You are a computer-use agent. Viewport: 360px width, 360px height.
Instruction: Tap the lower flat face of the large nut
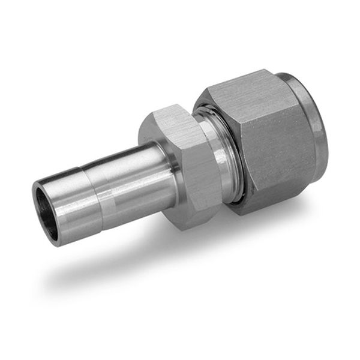(276, 192)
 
